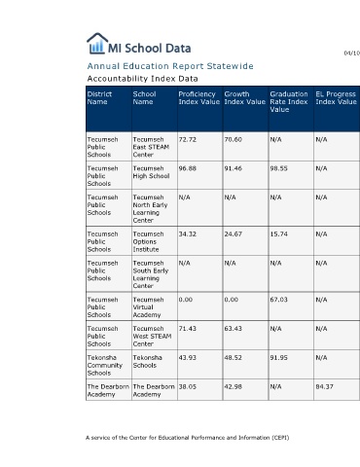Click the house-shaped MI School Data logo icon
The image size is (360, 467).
click(x=97, y=43)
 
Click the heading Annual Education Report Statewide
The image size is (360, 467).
click(x=170, y=66)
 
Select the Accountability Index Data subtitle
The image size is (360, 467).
click(x=142, y=79)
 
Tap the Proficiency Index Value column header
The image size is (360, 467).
click(x=198, y=98)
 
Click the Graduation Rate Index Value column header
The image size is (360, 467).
click(x=289, y=102)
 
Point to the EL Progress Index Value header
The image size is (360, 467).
click(x=336, y=98)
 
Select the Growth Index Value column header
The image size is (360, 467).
click(x=244, y=98)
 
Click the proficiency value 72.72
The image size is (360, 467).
click(x=188, y=139)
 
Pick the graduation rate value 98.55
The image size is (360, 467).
click(x=278, y=168)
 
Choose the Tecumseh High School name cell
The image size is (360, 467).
click(x=151, y=172)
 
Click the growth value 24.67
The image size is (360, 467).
click(x=233, y=233)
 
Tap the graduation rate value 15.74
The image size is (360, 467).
click(x=278, y=233)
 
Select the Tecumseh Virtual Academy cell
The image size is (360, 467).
click(x=148, y=307)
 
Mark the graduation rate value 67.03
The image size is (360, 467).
click(x=278, y=300)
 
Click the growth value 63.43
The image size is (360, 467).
click(x=233, y=329)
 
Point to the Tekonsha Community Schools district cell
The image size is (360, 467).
click(x=105, y=365)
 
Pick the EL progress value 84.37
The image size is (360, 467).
click(x=324, y=386)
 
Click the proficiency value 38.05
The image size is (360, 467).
click(x=188, y=386)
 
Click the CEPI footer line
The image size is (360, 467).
click(x=188, y=438)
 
